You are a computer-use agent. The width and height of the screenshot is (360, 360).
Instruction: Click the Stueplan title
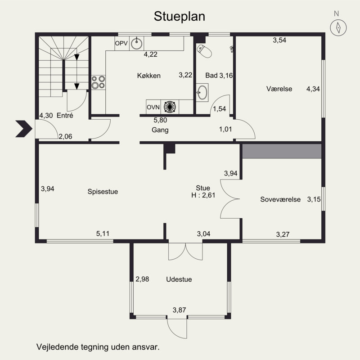pyautogui.click(x=179, y=17)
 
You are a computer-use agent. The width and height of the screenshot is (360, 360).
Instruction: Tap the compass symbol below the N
pyautogui.click(x=338, y=27)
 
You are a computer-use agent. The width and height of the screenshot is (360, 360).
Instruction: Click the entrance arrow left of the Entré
pyautogui.click(x=24, y=129)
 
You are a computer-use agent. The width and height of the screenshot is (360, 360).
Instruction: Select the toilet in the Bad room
pyautogui.click(x=204, y=51)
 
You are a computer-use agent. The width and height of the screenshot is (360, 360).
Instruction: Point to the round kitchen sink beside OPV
pyautogui.click(x=137, y=43)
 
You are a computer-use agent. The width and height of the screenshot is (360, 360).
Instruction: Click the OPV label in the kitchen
pyautogui.click(x=121, y=43)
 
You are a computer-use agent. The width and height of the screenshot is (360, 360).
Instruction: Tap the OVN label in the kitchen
pyautogui.click(x=153, y=107)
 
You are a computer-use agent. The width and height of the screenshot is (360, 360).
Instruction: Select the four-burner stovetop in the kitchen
pyautogui.click(x=98, y=82)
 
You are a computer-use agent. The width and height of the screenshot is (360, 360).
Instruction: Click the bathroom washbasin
pyautogui.click(x=202, y=92)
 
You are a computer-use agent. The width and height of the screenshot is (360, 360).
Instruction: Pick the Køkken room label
pyautogui.click(x=149, y=76)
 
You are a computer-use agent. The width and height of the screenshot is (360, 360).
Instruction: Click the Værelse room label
pyautogui.click(x=279, y=89)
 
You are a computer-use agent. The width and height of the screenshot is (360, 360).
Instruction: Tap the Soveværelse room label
pyautogui.click(x=280, y=199)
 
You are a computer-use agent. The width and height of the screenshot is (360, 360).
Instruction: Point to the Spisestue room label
pyautogui.click(x=103, y=192)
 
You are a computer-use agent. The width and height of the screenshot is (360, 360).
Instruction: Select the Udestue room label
pyautogui.click(x=179, y=279)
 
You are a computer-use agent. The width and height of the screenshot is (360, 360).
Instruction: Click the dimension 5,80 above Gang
pyautogui.click(x=160, y=120)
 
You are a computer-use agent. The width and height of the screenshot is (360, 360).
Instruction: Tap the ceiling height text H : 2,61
pyautogui.click(x=203, y=195)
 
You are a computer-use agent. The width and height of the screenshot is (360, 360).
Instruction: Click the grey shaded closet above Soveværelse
pyautogui.click(x=282, y=151)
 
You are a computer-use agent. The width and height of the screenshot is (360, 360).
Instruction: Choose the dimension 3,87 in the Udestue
pyautogui.click(x=179, y=310)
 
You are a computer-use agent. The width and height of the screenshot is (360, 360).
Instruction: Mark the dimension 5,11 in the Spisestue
pyautogui.click(x=103, y=234)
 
